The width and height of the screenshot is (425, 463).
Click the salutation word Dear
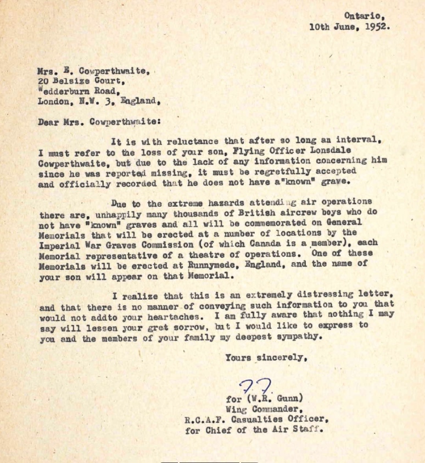[x=49, y=122]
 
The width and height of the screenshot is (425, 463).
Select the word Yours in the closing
[x=238, y=357]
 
